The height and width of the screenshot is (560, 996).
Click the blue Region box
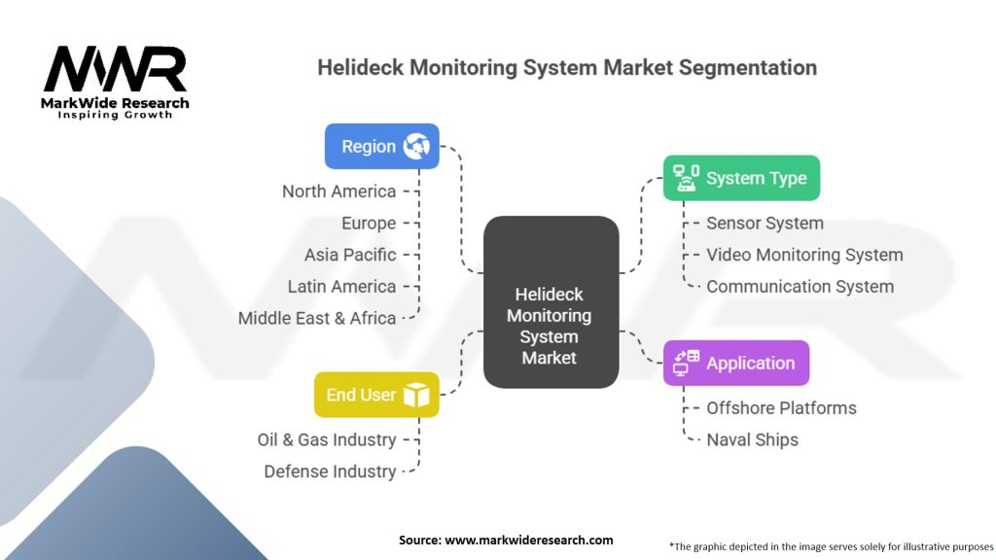(381, 146)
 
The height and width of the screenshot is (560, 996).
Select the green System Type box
(741, 178)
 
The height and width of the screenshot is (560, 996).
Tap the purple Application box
(736, 364)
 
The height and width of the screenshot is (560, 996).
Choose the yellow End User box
(376, 395)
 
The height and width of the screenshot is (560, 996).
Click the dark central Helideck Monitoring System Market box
(551, 302)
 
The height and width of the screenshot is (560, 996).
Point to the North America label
(339, 192)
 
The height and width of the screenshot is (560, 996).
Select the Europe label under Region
(369, 224)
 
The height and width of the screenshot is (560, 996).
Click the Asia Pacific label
(350, 255)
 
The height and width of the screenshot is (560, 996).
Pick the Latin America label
(341, 287)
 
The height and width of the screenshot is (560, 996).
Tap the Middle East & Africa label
(317, 318)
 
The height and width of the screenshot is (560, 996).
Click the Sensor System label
(765, 223)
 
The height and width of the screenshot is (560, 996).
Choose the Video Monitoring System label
(804, 255)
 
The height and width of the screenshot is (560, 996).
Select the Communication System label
(800, 287)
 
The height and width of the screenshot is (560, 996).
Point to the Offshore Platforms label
(781, 407)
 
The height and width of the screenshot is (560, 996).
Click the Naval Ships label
(752, 439)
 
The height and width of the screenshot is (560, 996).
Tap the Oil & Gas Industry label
(327, 439)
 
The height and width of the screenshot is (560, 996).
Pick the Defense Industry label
(331, 472)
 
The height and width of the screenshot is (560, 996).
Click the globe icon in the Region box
(416, 146)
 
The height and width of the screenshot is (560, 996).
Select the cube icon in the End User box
(416, 395)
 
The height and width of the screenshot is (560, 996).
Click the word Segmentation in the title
(748, 67)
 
